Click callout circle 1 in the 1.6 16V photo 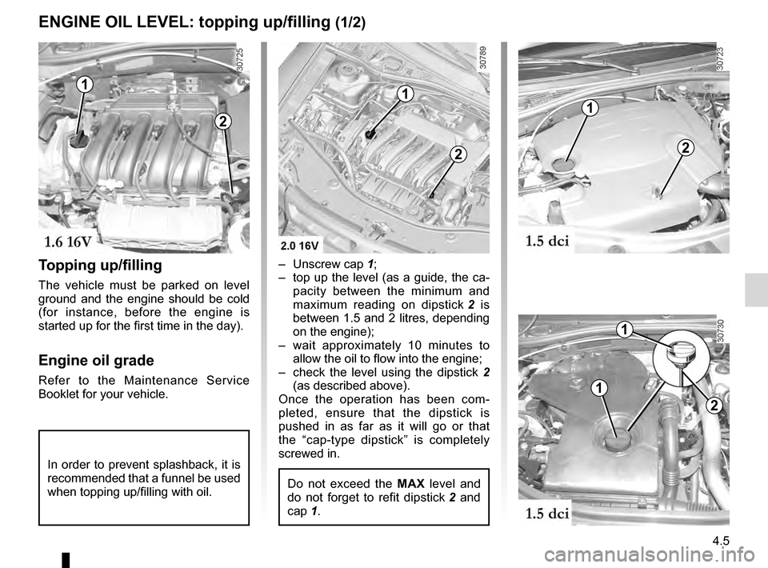tap(85, 84)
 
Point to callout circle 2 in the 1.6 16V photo tap(222, 122)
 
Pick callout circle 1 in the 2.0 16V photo tap(406, 94)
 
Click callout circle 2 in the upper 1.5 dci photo tap(686, 147)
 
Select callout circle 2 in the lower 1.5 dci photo tap(713, 406)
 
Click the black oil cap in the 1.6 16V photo tap(78, 142)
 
